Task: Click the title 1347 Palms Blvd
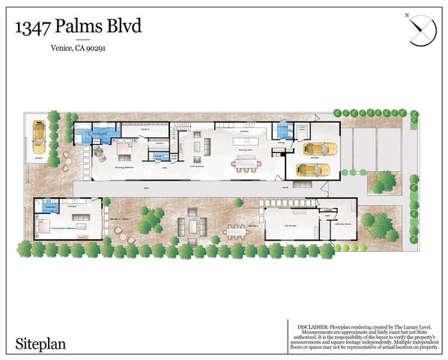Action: click(x=78, y=27)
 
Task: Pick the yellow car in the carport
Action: click(x=37, y=137)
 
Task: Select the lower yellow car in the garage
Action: click(x=309, y=169)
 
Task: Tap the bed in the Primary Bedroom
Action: click(x=123, y=153)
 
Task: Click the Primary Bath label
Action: click(x=102, y=133)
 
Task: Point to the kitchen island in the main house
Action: click(x=243, y=139)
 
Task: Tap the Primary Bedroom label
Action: click(x=123, y=169)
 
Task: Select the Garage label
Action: click(x=315, y=159)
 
